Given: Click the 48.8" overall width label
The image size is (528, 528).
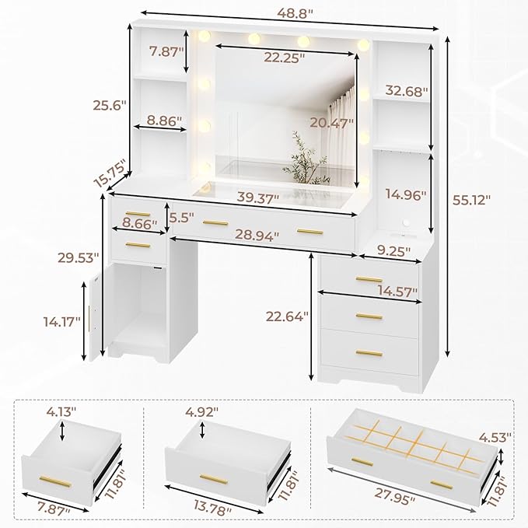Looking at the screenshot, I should tap(289, 11).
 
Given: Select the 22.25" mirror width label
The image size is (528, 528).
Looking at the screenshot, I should tap(283, 57).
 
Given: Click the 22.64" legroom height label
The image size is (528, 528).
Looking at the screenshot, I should tap(286, 315).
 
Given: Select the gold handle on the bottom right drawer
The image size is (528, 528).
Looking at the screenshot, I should tap(369, 354).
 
